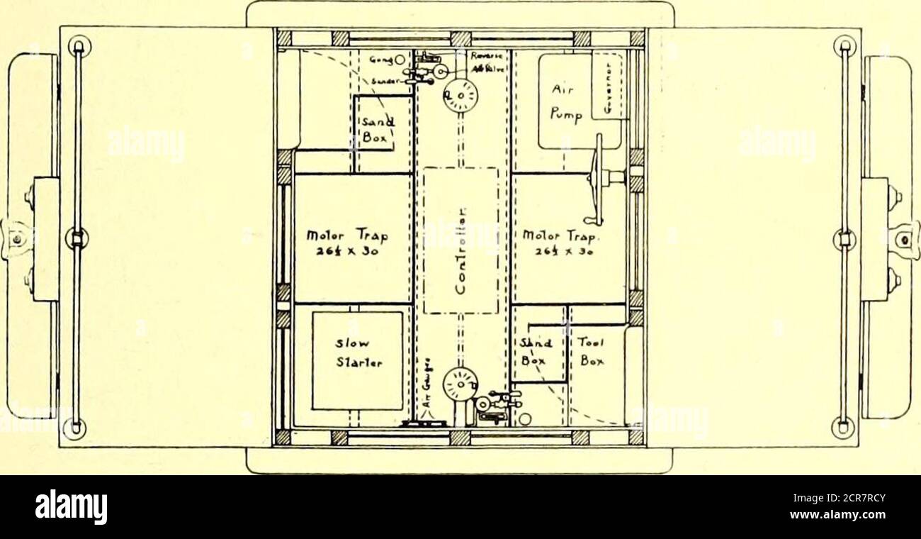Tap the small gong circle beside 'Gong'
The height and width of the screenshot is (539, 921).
coord(400,61)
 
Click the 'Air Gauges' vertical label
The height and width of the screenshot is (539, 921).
coord(426,401)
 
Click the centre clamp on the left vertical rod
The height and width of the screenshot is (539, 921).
coord(76,238)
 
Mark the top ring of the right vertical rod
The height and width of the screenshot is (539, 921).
coord(843,48)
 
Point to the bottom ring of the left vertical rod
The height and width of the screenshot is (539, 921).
coord(75,427)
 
